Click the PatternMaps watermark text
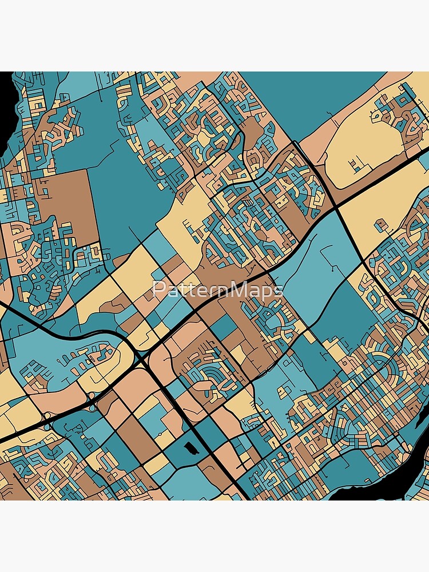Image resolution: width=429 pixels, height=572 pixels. point(218,290)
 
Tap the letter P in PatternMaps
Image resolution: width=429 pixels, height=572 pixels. point(157,290)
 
